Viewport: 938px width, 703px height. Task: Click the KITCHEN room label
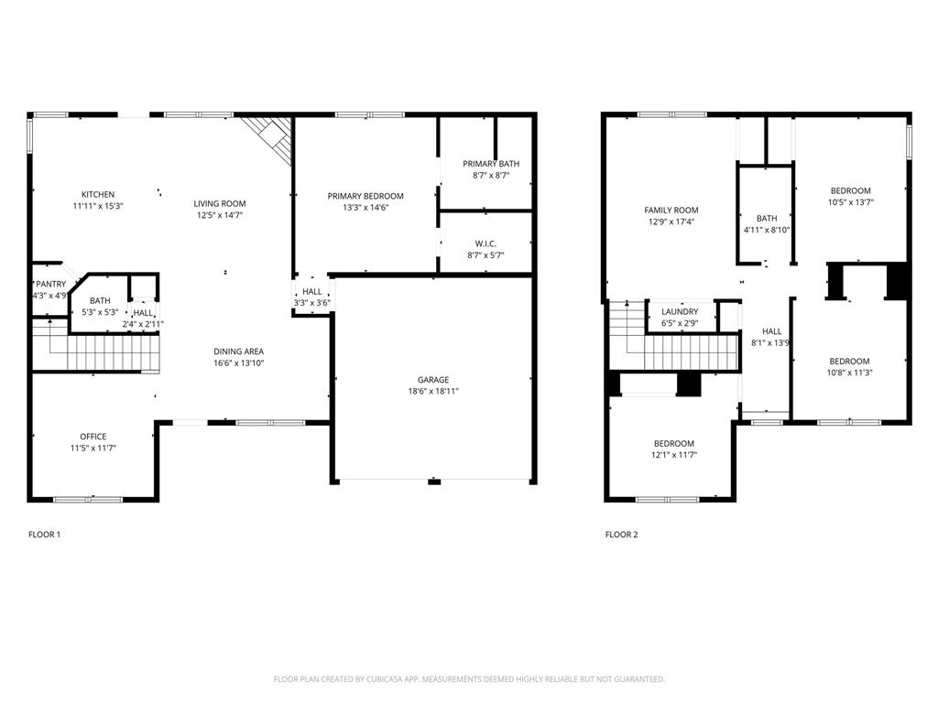(x=98, y=194)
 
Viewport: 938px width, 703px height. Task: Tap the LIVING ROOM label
(x=219, y=203)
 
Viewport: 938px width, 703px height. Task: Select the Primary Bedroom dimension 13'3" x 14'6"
(x=365, y=208)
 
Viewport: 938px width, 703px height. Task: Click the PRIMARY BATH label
(x=490, y=164)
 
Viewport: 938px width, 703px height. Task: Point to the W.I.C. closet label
(x=485, y=243)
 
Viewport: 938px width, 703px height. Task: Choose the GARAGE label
(x=433, y=380)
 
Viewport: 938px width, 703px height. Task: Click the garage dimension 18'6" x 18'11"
(x=433, y=392)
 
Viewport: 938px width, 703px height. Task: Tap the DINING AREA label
(x=239, y=351)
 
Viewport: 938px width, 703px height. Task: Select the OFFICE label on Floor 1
(x=93, y=437)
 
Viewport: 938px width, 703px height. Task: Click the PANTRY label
(x=50, y=284)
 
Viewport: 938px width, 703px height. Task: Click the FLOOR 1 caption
(x=44, y=535)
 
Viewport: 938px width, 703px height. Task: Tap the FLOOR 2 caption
(x=621, y=535)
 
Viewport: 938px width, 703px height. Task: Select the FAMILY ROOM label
(x=671, y=211)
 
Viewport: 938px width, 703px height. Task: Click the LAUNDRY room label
(x=680, y=312)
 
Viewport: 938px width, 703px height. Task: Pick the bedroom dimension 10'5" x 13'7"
(x=850, y=202)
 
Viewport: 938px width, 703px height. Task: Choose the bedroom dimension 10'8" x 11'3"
(x=850, y=373)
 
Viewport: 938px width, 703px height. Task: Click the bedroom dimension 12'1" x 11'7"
(x=672, y=455)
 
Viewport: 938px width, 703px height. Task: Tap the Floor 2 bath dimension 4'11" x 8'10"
(x=767, y=231)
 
